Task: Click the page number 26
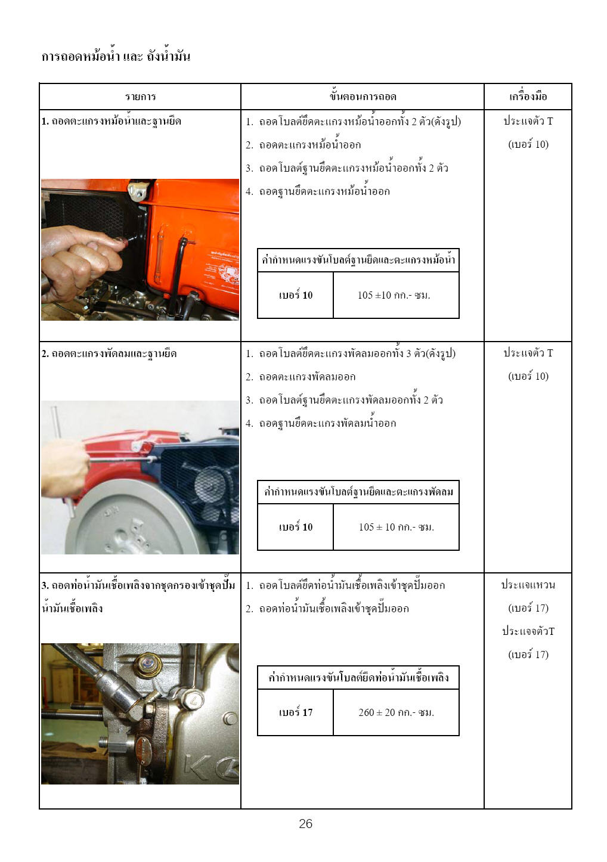pos(305,823)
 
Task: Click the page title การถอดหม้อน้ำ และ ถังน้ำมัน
pos(116,56)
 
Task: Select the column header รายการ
pos(140,96)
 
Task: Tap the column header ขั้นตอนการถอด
pos(363,96)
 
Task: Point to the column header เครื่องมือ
pos(528,96)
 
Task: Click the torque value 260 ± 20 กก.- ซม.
pos(396,712)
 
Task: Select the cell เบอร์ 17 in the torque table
pos(296,712)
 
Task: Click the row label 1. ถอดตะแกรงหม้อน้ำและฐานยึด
pos(112,121)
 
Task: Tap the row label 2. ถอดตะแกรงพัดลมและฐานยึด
pos(109,353)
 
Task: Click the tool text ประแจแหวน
pos(528,585)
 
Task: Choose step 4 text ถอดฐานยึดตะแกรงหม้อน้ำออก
pos(324,191)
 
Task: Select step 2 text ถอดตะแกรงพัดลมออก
pos(307,376)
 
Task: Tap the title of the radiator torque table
pos(358,259)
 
